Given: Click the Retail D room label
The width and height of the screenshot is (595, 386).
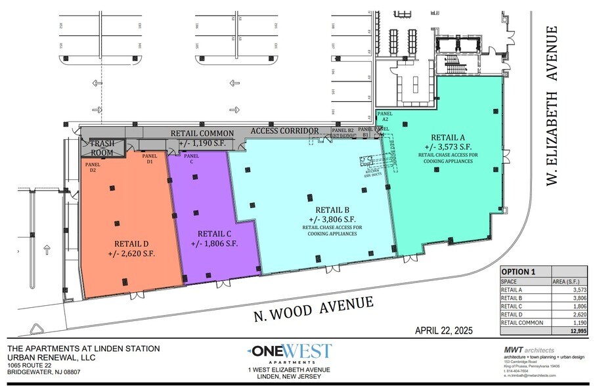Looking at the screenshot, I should coord(130,241).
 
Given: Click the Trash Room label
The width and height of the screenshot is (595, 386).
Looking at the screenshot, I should coord(102,147).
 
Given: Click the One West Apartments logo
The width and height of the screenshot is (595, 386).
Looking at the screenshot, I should coord(290,353).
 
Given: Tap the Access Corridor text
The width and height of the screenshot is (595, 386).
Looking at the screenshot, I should coord(284,131).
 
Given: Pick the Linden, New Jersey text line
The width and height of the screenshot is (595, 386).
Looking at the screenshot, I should coord(289,377).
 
